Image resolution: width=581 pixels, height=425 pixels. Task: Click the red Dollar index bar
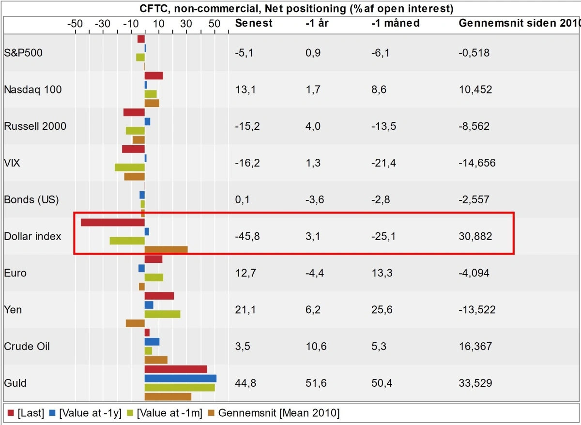coord(112,223)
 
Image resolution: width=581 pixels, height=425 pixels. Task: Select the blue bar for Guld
coord(180,378)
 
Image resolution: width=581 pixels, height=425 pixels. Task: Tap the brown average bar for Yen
coord(135,323)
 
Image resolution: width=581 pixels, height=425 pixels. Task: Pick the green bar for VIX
coord(129,167)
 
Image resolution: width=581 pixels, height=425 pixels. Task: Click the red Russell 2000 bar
coord(134,112)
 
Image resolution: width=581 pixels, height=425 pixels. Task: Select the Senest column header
coord(254,23)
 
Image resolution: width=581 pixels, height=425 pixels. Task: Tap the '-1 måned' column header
coord(396,23)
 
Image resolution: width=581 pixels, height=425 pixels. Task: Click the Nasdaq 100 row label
coord(33,90)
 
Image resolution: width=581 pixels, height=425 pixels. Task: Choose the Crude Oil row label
coord(27,347)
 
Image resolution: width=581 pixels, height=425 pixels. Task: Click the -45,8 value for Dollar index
coord(247,236)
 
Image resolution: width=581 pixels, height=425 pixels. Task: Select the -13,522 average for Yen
coord(477,310)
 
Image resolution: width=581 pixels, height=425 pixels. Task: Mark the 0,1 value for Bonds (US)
coord(242,199)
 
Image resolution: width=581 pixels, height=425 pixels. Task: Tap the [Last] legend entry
coord(26,413)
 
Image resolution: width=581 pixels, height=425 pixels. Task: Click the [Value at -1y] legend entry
coord(90,413)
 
